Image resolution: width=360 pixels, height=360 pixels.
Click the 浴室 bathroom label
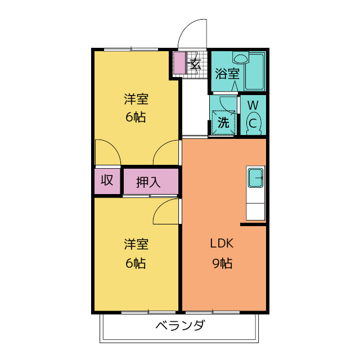[227, 73]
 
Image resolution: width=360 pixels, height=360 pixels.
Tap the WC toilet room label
[253, 114]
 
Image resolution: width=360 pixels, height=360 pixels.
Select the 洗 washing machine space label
[223, 122]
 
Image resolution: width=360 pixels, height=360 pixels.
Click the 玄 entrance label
[195, 63]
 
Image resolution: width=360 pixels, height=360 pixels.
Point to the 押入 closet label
[149, 182]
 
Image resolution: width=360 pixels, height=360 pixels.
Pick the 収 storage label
[107, 181]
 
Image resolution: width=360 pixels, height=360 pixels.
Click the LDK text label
[222, 244]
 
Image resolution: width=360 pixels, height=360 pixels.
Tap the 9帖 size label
[222, 262]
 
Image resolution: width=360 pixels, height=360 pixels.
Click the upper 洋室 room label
[136, 100]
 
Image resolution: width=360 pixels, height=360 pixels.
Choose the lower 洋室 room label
[136, 245]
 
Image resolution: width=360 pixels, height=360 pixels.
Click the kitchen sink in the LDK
[255, 178]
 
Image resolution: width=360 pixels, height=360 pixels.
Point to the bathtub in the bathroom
[256, 71]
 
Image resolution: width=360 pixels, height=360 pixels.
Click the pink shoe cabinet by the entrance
[179, 63]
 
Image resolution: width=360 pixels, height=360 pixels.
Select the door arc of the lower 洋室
[167, 212]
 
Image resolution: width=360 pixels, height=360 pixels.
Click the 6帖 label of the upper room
[136, 118]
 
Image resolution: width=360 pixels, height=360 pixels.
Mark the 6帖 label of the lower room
[136, 263]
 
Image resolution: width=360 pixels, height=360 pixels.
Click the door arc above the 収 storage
[107, 153]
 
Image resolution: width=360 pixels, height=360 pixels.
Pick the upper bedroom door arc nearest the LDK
[167, 153]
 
